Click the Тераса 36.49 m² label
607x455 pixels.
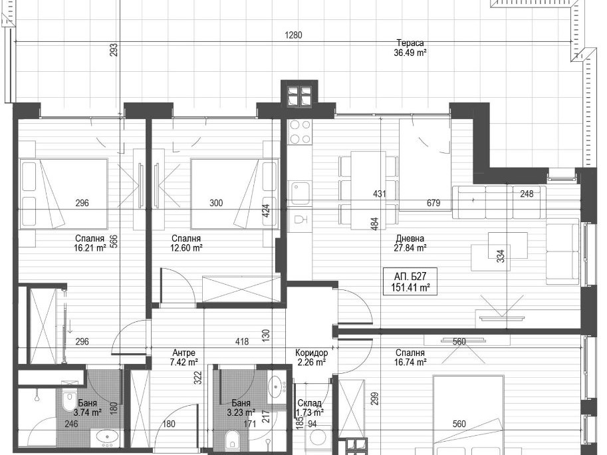pos(410,48)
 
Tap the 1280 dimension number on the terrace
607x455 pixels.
pos(293,35)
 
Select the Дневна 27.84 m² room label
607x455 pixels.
pos(410,243)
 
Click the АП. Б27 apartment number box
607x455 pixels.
pos(410,281)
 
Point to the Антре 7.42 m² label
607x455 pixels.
pos(184,357)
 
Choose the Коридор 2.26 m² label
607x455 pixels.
pos(311,357)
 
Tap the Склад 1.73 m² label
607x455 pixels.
pos(310,408)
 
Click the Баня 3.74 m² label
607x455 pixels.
pos(87,407)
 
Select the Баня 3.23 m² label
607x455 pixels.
pos(241,407)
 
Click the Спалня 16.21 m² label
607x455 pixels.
pos(90,243)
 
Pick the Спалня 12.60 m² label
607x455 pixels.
pos(186,243)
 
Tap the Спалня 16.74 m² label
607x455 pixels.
pos(410,357)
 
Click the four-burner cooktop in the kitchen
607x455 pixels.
pos(300,132)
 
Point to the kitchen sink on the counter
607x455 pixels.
pos(300,193)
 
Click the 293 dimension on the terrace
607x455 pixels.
pos(114,50)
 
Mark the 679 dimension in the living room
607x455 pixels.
pos(433,203)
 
